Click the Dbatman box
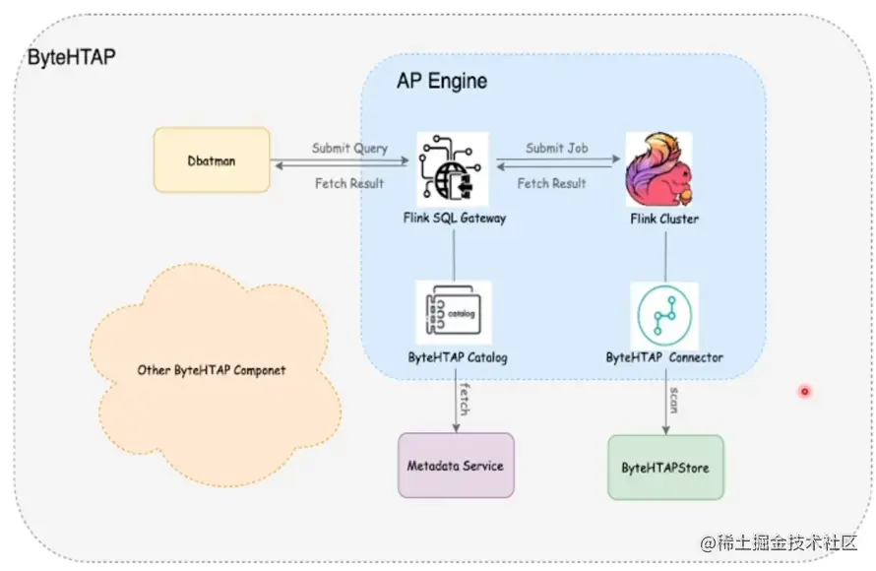pyautogui.click(x=212, y=159)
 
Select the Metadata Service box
pyautogui.click(x=456, y=466)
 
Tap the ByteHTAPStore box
pyautogui.click(x=665, y=468)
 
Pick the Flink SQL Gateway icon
pyautogui.click(x=452, y=169)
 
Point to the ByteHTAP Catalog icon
pyautogui.click(x=454, y=312)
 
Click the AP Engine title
pyautogui.click(x=442, y=82)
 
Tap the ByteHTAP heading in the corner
pyautogui.click(x=71, y=57)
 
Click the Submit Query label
pyautogui.click(x=349, y=149)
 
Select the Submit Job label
pyautogui.click(x=557, y=149)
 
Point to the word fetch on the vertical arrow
pyautogui.click(x=463, y=398)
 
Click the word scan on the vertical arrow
pyautogui.click(x=673, y=398)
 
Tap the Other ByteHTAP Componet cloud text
pyautogui.click(x=212, y=370)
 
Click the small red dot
pyautogui.click(x=804, y=392)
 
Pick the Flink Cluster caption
pyautogui.click(x=664, y=219)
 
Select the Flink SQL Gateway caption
pyautogui.click(x=456, y=218)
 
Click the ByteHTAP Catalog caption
pyautogui.click(x=458, y=357)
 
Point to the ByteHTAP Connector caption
pyautogui.click(x=664, y=357)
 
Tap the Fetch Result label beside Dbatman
pyautogui.click(x=349, y=184)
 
